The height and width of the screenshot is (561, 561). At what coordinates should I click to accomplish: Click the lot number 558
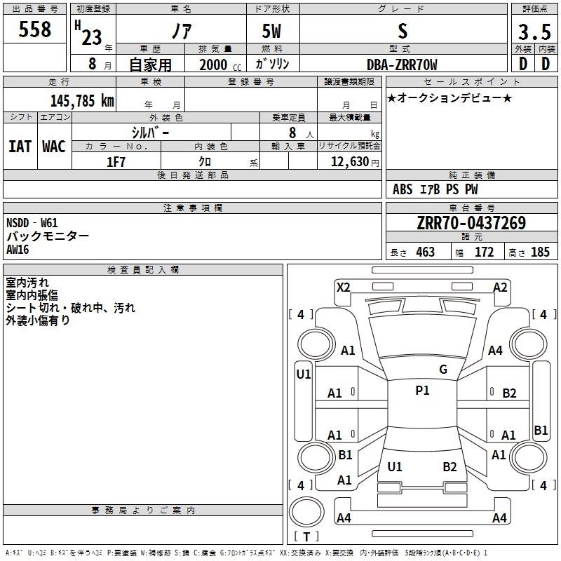(x=35, y=30)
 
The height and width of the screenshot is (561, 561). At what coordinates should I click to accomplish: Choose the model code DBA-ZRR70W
(x=402, y=65)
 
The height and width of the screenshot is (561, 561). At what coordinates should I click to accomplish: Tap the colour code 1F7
(x=116, y=162)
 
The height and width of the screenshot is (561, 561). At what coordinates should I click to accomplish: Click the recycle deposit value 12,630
(x=349, y=162)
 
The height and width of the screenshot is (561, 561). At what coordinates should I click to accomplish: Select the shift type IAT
(x=20, y=147)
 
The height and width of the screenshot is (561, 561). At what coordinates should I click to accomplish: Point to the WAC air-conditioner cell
(x=53, y=147)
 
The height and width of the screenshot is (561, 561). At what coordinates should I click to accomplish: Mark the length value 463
(x=425, y=252)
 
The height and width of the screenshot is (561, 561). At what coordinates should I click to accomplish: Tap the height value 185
(x=540, y=252)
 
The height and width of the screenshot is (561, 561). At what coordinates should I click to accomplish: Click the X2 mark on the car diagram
(x=343, y=287)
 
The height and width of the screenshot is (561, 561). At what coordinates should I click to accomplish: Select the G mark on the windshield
(x=442, y=369)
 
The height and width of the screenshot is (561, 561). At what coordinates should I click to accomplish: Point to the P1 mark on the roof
(x=422, y=391)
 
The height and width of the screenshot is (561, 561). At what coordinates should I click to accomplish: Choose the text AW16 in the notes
(x=20, y=250)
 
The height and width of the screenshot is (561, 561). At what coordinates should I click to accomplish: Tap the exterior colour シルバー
(x=150, y=131)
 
